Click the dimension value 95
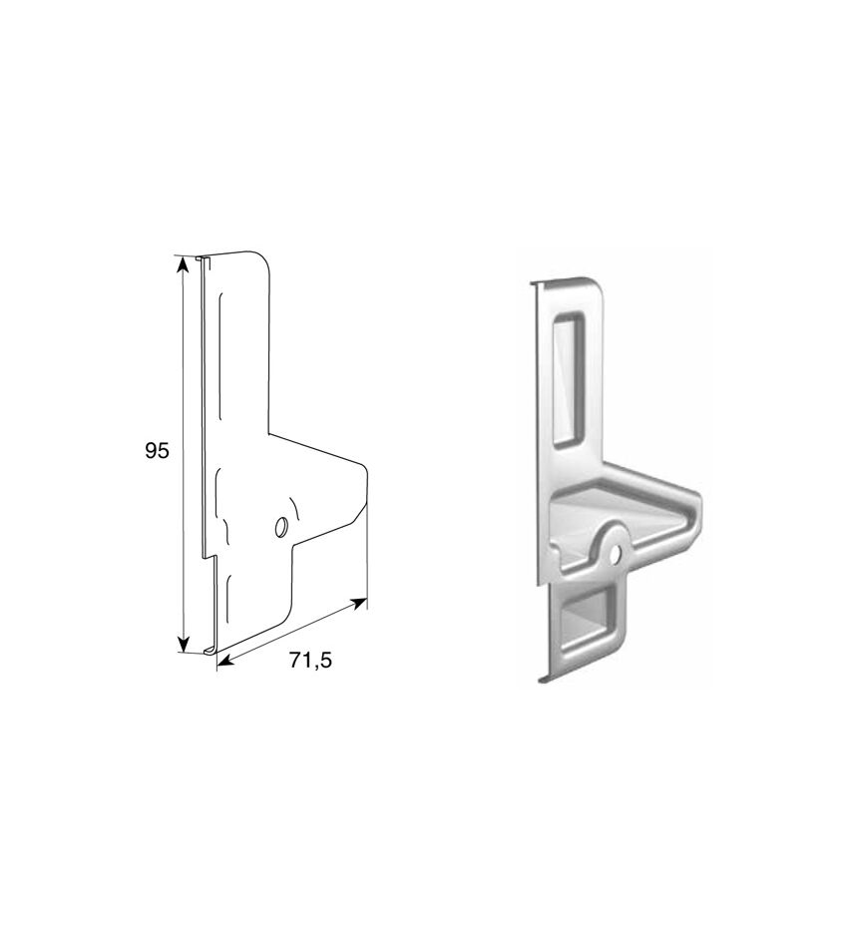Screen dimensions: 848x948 [158, 450]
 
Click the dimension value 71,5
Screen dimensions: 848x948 [310, 661]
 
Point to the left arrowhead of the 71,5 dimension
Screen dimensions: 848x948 [224, 663]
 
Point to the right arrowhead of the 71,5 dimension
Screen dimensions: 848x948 [359, 603]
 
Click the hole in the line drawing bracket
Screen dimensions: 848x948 [280, 527]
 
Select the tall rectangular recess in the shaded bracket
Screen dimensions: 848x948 [570, 380]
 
